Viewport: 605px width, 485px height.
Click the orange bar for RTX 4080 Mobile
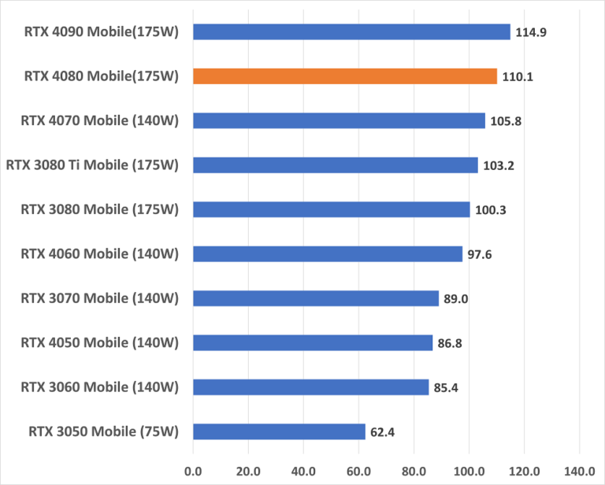pos(345,76)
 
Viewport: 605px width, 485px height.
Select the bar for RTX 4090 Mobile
pos(351,31)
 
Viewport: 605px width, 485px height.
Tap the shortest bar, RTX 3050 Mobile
pos(279,431)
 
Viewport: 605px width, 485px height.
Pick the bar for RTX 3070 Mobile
pos(315,298)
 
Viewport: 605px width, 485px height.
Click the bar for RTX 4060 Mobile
pos(327,254)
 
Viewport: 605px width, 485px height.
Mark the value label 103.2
pos(497,165)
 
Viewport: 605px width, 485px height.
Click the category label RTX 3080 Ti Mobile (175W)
pos(92,165)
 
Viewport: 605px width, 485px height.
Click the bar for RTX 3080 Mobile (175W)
pos(331,209)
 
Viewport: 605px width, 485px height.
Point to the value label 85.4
pos(446,388)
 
